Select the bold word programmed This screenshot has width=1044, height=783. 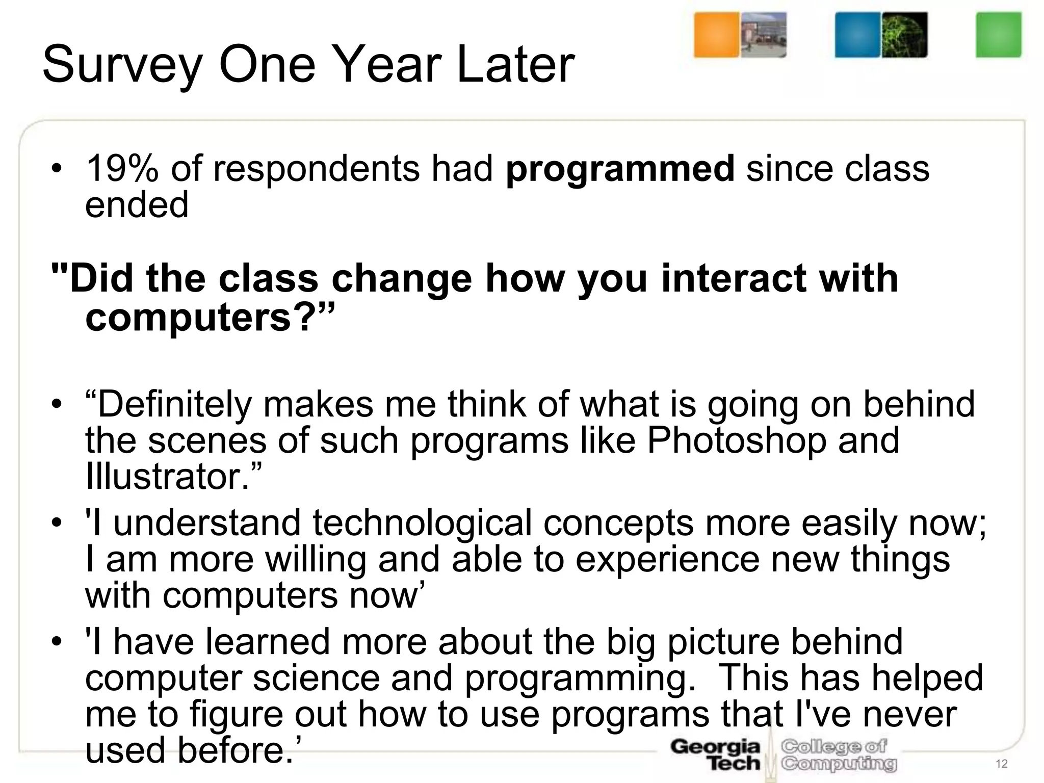coord(620,170)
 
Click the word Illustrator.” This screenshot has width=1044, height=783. coord(173,476)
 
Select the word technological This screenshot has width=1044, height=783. coord(422,523)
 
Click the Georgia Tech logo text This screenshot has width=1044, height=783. coord(715,755)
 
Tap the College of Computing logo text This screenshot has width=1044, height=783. coord(839,755)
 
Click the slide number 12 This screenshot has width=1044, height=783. coord(1001,764)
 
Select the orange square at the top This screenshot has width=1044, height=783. coord(716,35)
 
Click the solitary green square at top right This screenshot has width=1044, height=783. coord(998,35)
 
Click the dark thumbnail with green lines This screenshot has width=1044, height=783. coord(904,35)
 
